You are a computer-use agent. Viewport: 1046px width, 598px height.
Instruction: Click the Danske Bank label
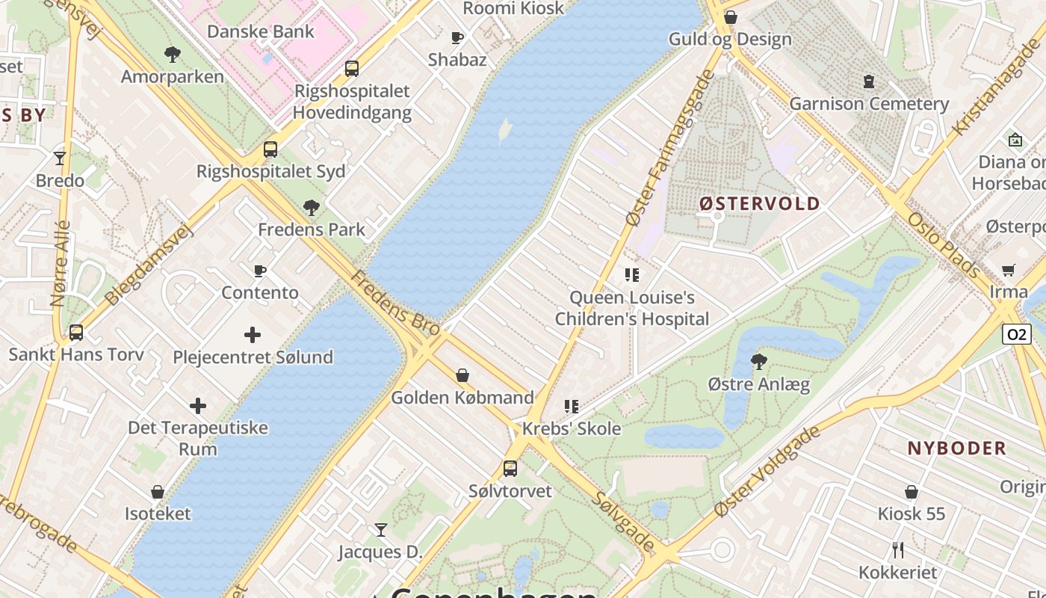(261, 31)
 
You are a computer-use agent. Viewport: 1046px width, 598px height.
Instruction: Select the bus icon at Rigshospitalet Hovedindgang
(352, 69)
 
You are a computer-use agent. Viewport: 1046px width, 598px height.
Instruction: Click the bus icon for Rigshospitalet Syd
(270, 149)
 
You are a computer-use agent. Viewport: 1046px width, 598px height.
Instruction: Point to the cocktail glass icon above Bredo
(60, 158)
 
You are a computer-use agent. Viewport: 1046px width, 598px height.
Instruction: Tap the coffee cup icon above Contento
(260, 271)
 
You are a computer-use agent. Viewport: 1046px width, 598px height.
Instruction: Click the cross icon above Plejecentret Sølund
(253, 335)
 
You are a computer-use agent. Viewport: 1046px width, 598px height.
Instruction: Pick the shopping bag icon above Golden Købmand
(462, 375)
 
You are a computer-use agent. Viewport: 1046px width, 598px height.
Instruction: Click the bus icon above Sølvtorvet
(510, 469)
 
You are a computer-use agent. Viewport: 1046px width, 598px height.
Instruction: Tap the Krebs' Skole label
(572, 428)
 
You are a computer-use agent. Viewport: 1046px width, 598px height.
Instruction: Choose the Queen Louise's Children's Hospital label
(631, 308)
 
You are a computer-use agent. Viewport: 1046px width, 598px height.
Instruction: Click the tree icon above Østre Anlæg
(758, 362)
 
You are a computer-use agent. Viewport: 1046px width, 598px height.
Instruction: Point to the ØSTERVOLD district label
(759, 203)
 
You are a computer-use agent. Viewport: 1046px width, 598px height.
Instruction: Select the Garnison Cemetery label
(869, 103)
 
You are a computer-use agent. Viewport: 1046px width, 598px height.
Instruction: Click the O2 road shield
(1017, 334)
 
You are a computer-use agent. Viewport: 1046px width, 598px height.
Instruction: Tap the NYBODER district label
(956, 449)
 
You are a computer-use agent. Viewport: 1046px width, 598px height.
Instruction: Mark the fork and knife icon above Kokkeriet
(898, 550)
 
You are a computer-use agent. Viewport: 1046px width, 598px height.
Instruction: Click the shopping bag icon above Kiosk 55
(912, 492)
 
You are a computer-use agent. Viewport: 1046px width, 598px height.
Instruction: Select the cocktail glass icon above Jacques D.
(381, 530)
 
